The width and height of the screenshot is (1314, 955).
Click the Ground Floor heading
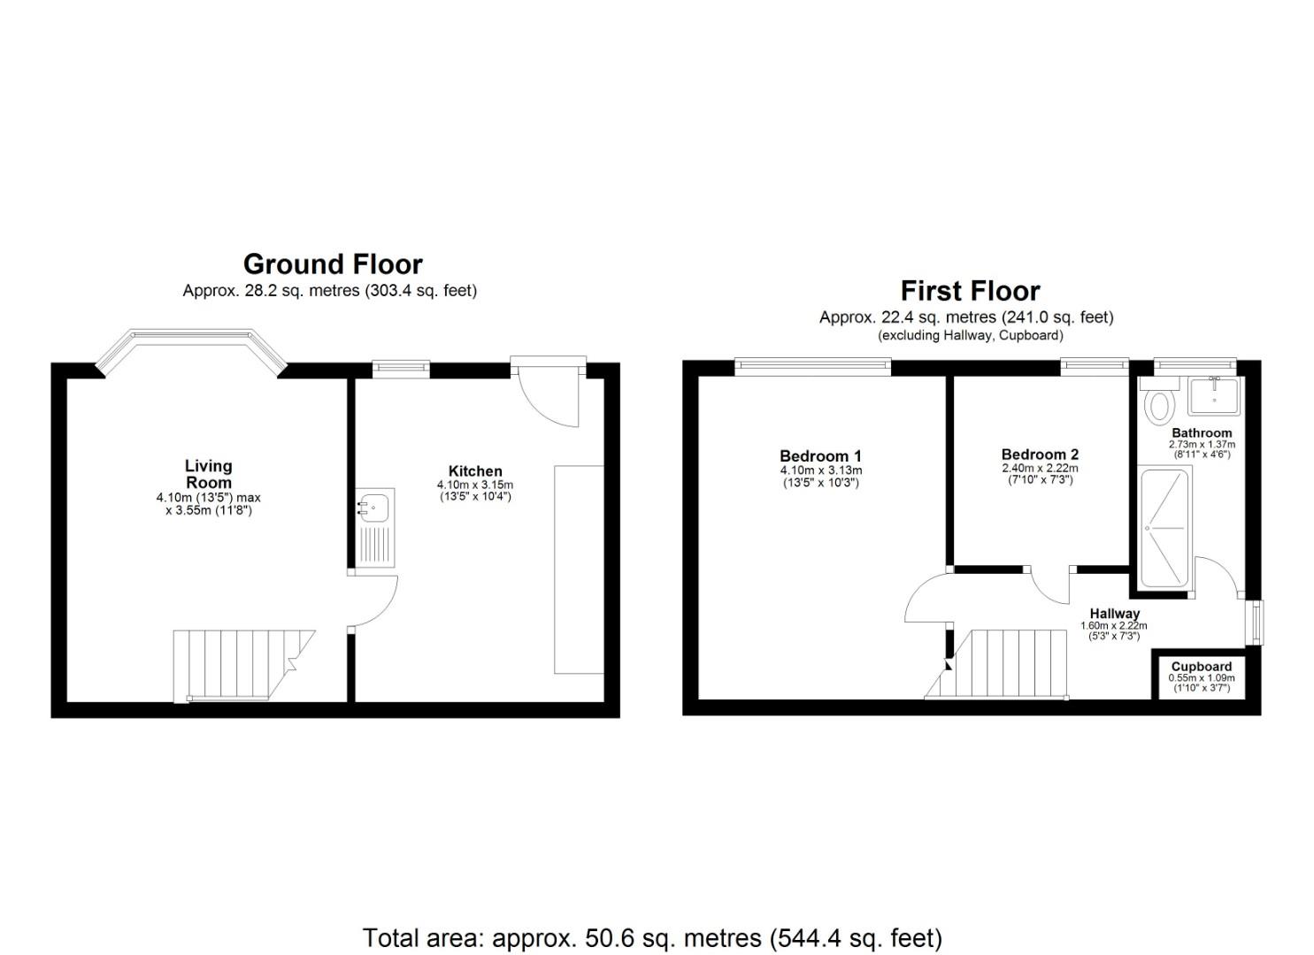coord(333,264)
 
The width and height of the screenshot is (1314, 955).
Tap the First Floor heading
coord(970,291)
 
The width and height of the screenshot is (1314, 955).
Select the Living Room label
coord(209,474)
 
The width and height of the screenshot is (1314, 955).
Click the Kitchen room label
coord(475,471)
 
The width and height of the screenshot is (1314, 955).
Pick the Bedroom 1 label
coord(820,456)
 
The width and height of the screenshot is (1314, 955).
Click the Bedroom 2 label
coord(1040,455)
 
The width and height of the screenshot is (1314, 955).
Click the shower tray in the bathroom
coord(1164,529)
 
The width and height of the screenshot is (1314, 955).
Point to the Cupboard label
coord(1201,667)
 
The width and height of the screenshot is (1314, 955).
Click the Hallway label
coord(1114,613)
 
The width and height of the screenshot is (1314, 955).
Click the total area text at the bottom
coord(652,937)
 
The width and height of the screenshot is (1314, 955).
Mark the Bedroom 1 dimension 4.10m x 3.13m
coord(820,470)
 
